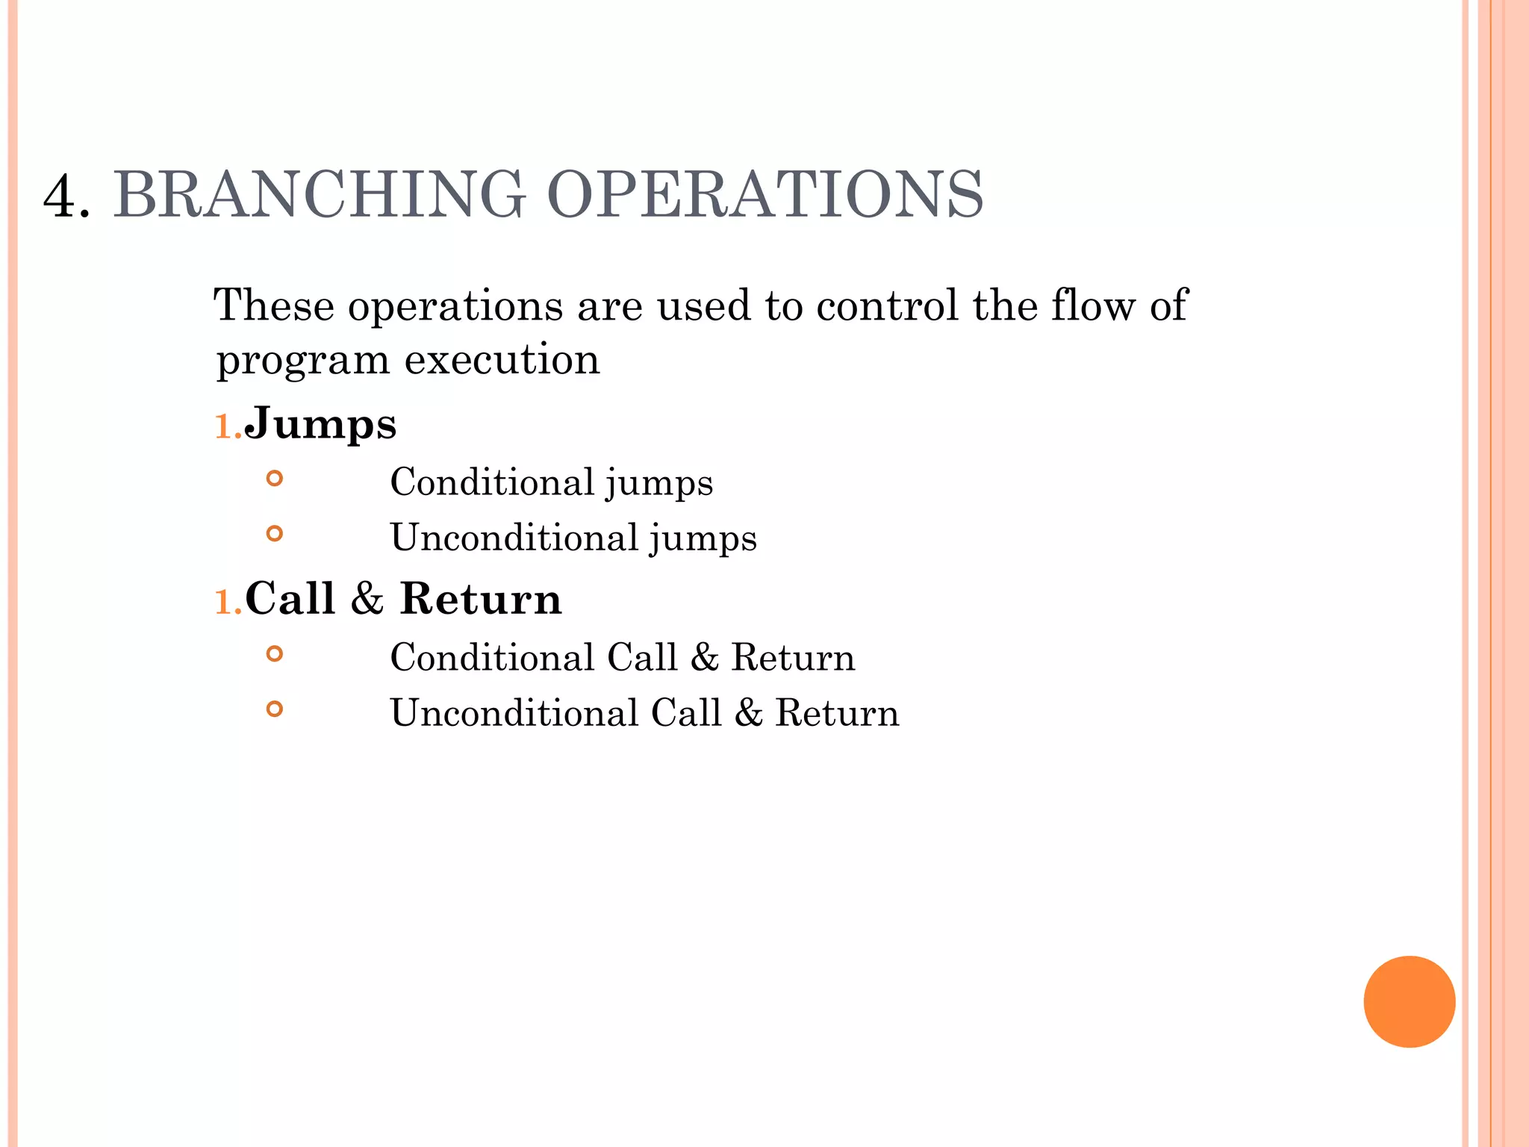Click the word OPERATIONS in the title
click(x=765, y=194)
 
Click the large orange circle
click(x=1409, y=1001)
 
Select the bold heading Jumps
click(x=320, y=425)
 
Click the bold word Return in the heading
click(x=481, y=599)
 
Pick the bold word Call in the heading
click(x=290, y=599)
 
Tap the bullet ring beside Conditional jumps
click(x=275, y=478)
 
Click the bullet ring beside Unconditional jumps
click(x=275, y=533)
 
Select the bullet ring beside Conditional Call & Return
click(x=275, y=654)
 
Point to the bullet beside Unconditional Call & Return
click(x=275, y=709)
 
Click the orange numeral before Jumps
click(x=226, y=427)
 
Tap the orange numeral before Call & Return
click(x=226, y=602)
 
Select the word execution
click(x=502, y=360)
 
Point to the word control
click(x=887, y=305)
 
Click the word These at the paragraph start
click(x=273, y=305)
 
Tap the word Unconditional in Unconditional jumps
click(x=514, y=538)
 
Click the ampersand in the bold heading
click(x=367, y=599)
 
